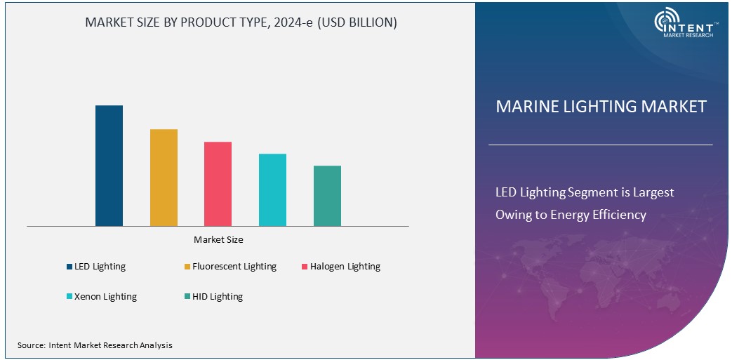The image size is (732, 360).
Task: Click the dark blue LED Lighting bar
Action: (x=109, y=166)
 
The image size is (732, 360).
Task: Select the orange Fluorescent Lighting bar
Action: (x=164, y=178)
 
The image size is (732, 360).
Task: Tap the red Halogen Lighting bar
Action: (x=218, y=184)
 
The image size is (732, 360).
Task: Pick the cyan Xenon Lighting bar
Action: (x=272, y=189)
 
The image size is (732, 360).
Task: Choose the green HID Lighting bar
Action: (x=327, y=196)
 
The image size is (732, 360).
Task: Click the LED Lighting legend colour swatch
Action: (x=69, y=267)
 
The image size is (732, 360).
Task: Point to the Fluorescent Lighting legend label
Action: (x=234, y=267)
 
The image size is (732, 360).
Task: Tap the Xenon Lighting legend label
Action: (x=105, y=296)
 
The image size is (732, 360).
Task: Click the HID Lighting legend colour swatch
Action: (x=187, y=296)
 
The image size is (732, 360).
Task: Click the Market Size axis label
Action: (x=218, y=240)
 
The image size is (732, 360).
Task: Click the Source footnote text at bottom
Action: (x=95, y=345)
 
